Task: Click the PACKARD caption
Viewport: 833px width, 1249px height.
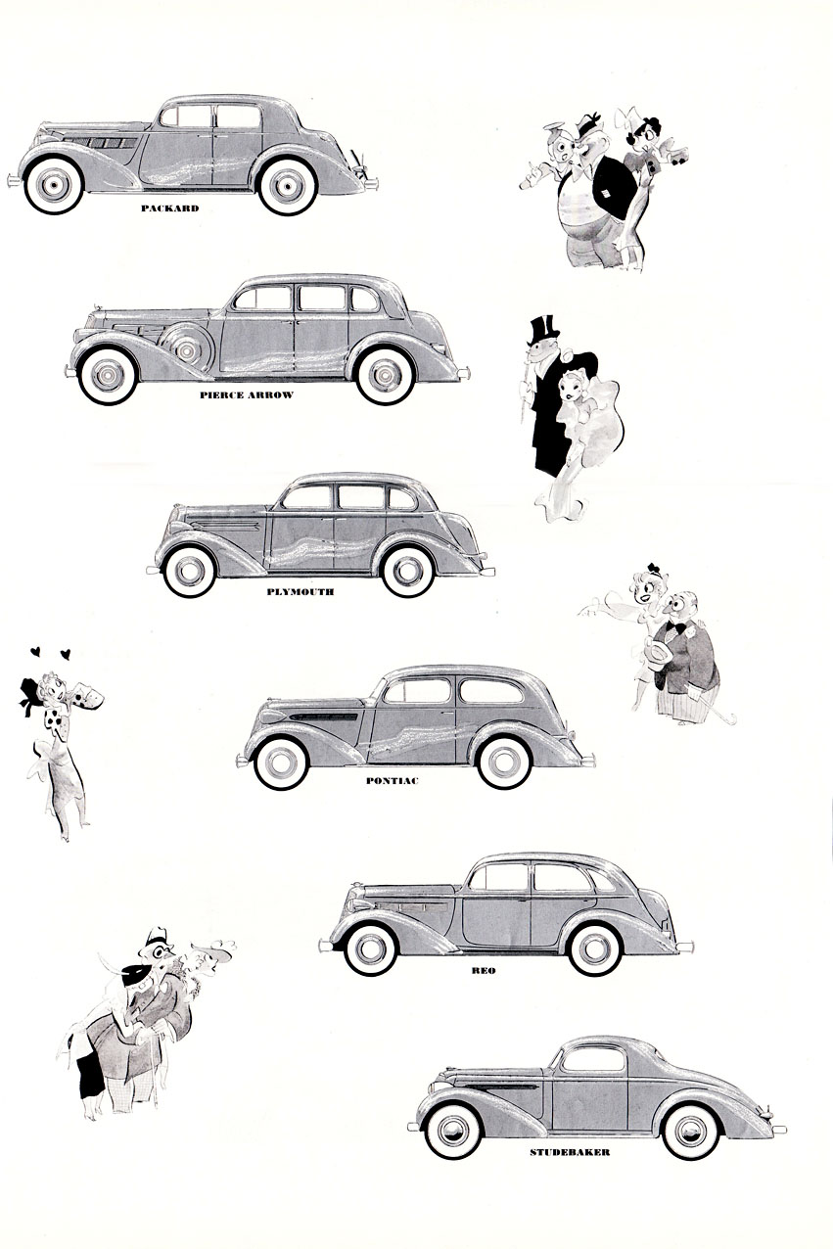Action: [x=169, y=208]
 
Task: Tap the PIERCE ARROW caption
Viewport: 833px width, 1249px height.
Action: [x=247, y=395]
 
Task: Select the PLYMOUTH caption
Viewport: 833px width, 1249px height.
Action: [x=300, y=592]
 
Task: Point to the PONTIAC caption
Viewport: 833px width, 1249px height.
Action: [x=392, y=781]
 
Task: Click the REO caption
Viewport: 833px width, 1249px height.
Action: [x=484, y=971]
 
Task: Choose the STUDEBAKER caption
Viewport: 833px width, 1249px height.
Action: [x=570, y=1152]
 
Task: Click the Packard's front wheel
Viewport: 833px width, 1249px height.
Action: [x=54, y=185]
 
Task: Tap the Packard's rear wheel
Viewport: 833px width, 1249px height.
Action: [x=287, y=186]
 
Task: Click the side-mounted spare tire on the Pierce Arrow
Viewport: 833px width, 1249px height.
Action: [x=185, y=348]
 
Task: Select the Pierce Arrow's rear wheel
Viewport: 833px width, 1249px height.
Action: [x=385, y=376]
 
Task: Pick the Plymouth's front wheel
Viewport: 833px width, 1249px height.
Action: [x=190, y=572]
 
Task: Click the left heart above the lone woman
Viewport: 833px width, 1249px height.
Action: [x=35, y=650]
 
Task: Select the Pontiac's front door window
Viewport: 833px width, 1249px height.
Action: [x=417, y=691]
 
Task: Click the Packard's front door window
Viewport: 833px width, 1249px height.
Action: [x=186, y=116]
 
